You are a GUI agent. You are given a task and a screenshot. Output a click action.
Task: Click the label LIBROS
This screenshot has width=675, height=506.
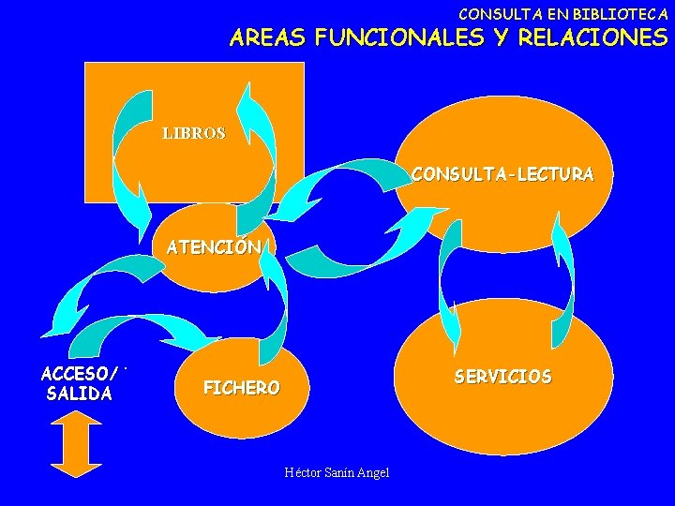pyautogui.click(x=194, y=134)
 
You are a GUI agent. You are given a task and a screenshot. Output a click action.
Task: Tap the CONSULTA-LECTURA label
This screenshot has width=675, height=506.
pyautogui.click(x=502, y=174)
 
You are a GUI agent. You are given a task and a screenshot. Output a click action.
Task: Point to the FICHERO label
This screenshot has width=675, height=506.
pyautogui.click(x=241, y=387)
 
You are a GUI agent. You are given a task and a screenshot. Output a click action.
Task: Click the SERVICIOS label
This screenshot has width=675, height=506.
pyautogui.click(x=502, y=377)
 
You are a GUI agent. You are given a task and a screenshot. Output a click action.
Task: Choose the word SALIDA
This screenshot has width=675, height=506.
pyautogui.click(x=79, y=394)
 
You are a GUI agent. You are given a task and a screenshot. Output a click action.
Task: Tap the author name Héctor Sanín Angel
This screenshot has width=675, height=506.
pyautogui.click(x=337, y=472)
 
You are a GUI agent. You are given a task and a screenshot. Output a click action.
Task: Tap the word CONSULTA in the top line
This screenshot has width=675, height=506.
pyautogui.click(x=493, y=14)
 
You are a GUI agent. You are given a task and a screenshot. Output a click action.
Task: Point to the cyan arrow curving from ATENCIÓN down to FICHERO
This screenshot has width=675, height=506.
pyautogui.click(x=277, y=300)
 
